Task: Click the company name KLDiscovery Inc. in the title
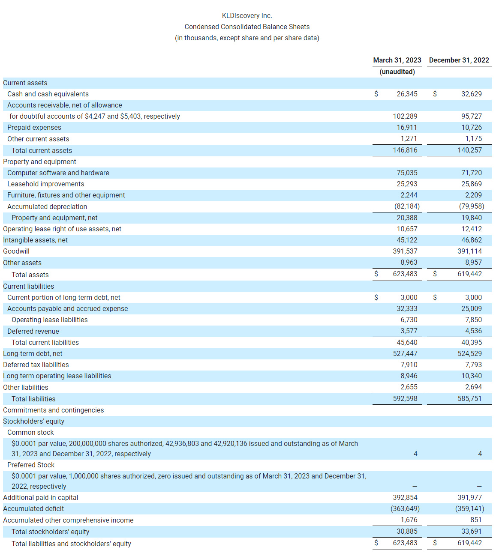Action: click(247, 16)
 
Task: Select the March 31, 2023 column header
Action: click(397, 60)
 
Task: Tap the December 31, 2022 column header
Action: click(459, 60)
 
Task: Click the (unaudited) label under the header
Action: click(397, 72)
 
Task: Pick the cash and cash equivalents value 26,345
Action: click(407, 94)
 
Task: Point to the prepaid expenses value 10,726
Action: click(471, 128)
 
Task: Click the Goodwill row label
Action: click(16, 251)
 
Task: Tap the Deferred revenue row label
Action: click(33, 332)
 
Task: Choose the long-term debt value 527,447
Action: click(405, 354)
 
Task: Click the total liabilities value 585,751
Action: click(469, 399)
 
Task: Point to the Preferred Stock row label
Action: click(31, 465)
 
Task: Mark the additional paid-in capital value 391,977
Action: click(469, 498)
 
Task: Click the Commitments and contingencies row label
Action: click(53, 410)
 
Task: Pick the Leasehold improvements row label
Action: click(45, 184)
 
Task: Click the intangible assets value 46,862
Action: click(471, 240)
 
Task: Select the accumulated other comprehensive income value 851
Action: click(476, 520)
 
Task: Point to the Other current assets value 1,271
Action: click(409, 139)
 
